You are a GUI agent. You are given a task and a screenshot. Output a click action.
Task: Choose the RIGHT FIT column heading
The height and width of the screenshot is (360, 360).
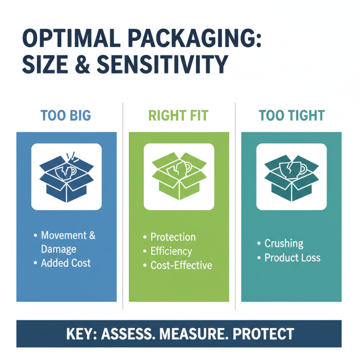[179, 115]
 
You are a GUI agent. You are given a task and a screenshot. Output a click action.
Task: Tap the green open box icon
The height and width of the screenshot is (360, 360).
[179, 176]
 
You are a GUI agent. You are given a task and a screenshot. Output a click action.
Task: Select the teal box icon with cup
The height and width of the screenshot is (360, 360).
[291, 176]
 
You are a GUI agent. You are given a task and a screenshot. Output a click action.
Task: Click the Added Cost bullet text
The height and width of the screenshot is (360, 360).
[66, 263]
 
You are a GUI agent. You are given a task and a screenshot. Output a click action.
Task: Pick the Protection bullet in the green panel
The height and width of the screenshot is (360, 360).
[173, 237]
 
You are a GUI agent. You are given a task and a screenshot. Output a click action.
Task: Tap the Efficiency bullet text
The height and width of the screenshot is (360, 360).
[171, 251]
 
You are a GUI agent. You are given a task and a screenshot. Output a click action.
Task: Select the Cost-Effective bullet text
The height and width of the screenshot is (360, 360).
[181, 265]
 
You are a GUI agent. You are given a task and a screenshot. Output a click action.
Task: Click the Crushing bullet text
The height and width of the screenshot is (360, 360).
[283, 243]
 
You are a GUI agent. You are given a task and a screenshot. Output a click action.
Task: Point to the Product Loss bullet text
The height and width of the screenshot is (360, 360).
[292, 258]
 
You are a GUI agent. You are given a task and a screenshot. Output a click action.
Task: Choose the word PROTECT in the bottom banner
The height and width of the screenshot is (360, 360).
[265, 334]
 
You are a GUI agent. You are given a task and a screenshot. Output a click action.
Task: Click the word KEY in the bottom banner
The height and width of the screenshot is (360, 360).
[81, 334]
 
